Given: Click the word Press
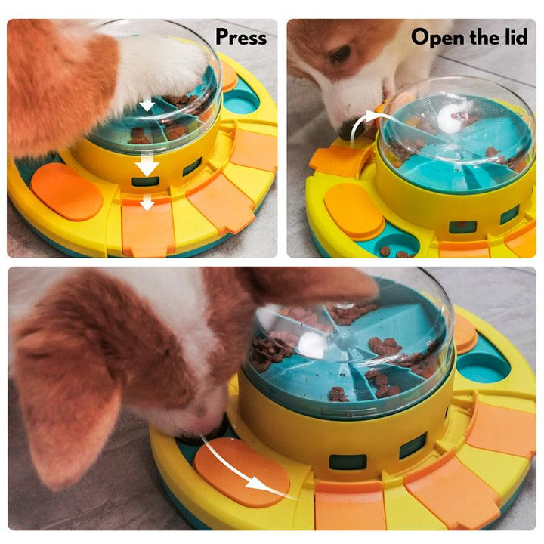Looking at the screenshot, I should [240, 37].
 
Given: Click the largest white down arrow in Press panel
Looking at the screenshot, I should [147, 164].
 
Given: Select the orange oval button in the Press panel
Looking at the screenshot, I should [66, 191].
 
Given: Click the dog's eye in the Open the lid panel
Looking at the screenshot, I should [340, 55].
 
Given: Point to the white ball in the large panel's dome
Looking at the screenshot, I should [311, 344].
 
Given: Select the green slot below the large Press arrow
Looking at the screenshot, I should [146, 181].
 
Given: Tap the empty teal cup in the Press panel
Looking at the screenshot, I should [241, 100].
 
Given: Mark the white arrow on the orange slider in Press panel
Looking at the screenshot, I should [147, 202].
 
